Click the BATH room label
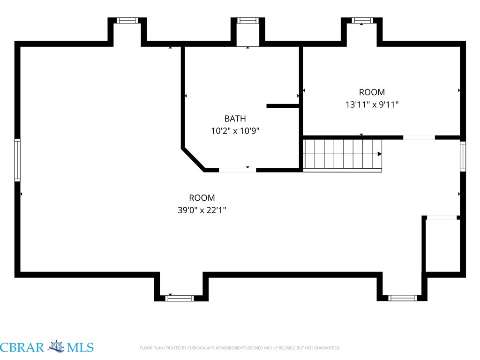tap(235, 119)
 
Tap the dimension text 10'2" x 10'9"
tap(235, 131)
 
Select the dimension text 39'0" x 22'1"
tap(202, 210)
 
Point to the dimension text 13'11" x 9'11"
tap(372, 105)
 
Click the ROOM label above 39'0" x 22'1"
tap(202, 198)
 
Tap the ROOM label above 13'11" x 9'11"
tap(372, 92)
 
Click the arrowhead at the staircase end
tap(380, 154)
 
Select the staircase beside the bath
tap(343, 156)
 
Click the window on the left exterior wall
tap(17, 160)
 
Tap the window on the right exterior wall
tap(463, 156)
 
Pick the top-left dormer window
tap(127, 21)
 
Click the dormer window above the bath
tap(248, 21)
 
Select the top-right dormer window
tap(362, 21)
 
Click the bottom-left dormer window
tap(180, 298)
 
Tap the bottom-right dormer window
tap(402, 298)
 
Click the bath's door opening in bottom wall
tap(238, 170)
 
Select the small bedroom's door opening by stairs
tap(419, 137)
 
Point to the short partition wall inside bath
tap(283, 106)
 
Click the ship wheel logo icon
tap(56, 346)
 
